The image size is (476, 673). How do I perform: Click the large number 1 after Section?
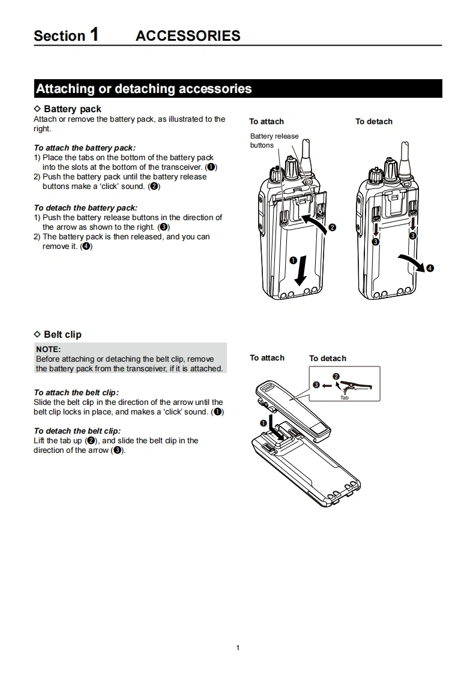pyautogui.click(x=94, y=34)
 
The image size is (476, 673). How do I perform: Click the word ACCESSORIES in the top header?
pyautogui.click(x=188, y=36)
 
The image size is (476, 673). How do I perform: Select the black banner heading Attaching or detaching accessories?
pyautogui.click(x=144, y=89)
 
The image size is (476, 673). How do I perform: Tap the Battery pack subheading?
pyautogui.click(x=72, y=109)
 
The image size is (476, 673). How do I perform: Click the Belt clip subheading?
pyautogui.click(x=62, y=334)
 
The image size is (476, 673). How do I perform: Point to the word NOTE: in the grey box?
pyautogui.click(x=49, y=348)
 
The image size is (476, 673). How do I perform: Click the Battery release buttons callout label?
pyautogui.click(x=274, y=140)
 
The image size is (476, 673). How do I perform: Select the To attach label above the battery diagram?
pyautogui.click(x=267, y=121)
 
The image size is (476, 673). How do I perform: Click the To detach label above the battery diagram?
pyautogui.click(x=373, y=121)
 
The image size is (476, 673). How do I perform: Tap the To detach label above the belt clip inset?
pyautogui.click(x=328, y=358)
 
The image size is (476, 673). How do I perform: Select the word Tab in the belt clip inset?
pyautogui.click(x=344, y=398)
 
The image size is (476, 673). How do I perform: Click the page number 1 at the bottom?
pyautogui.click(x=238, y=647)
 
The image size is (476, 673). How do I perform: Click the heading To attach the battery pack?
pyautogui.click(x=85, y=148)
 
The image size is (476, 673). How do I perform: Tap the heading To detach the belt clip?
pyautogui.click(x=77, y=431)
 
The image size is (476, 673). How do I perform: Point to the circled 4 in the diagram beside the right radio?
pyautogui.click(x=430, y=268)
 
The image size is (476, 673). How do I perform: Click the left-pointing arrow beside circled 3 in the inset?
pyautogui.click(x=326, y=385)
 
